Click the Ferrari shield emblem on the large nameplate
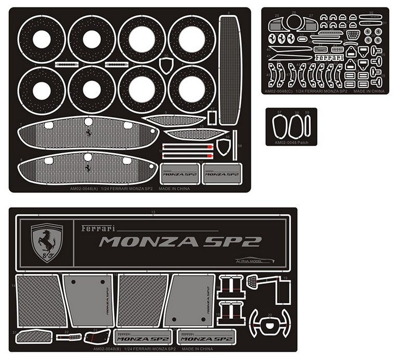(47, 242)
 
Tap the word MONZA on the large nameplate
(148, 242)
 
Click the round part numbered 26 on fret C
(294, 22)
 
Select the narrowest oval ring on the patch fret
(308, 126)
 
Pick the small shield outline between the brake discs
(167, 66)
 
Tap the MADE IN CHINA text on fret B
(198, 349)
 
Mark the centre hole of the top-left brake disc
(42, 39)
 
